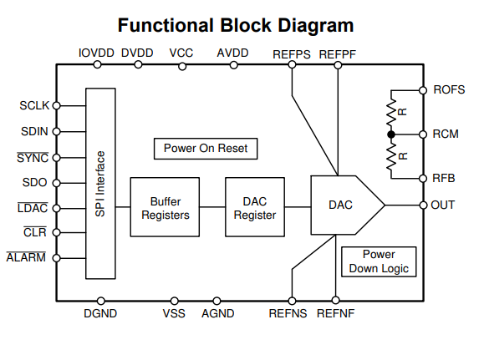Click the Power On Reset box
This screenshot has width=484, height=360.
click(206, 149)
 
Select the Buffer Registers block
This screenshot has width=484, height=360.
click(165, 207)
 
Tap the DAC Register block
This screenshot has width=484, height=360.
click(255, 207)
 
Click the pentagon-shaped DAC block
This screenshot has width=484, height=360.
click(347, 205)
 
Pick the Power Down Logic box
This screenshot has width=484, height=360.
click(379, 261)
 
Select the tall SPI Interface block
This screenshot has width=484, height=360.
click(100, 184)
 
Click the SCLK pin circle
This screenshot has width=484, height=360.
click(56, 105)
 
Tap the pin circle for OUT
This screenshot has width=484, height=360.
click(423, 205)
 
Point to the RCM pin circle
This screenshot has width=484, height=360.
click(423, 134)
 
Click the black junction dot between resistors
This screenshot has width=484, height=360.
click(391, 134)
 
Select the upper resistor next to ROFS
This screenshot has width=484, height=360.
click(391, 112)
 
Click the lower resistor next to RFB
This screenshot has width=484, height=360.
click(391, 156)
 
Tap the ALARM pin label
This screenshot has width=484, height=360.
click(26, 257)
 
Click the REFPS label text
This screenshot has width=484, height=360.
click(292, 54)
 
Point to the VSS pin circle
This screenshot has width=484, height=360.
click(175, 301)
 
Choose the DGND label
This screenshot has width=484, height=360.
click(100, 313)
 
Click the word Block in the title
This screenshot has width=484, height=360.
click(246, 25)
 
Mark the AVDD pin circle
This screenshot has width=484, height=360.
click(234, 65)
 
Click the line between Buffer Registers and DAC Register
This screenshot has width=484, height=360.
click(212, 207)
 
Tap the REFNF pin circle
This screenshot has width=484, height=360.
click(335, 300)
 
